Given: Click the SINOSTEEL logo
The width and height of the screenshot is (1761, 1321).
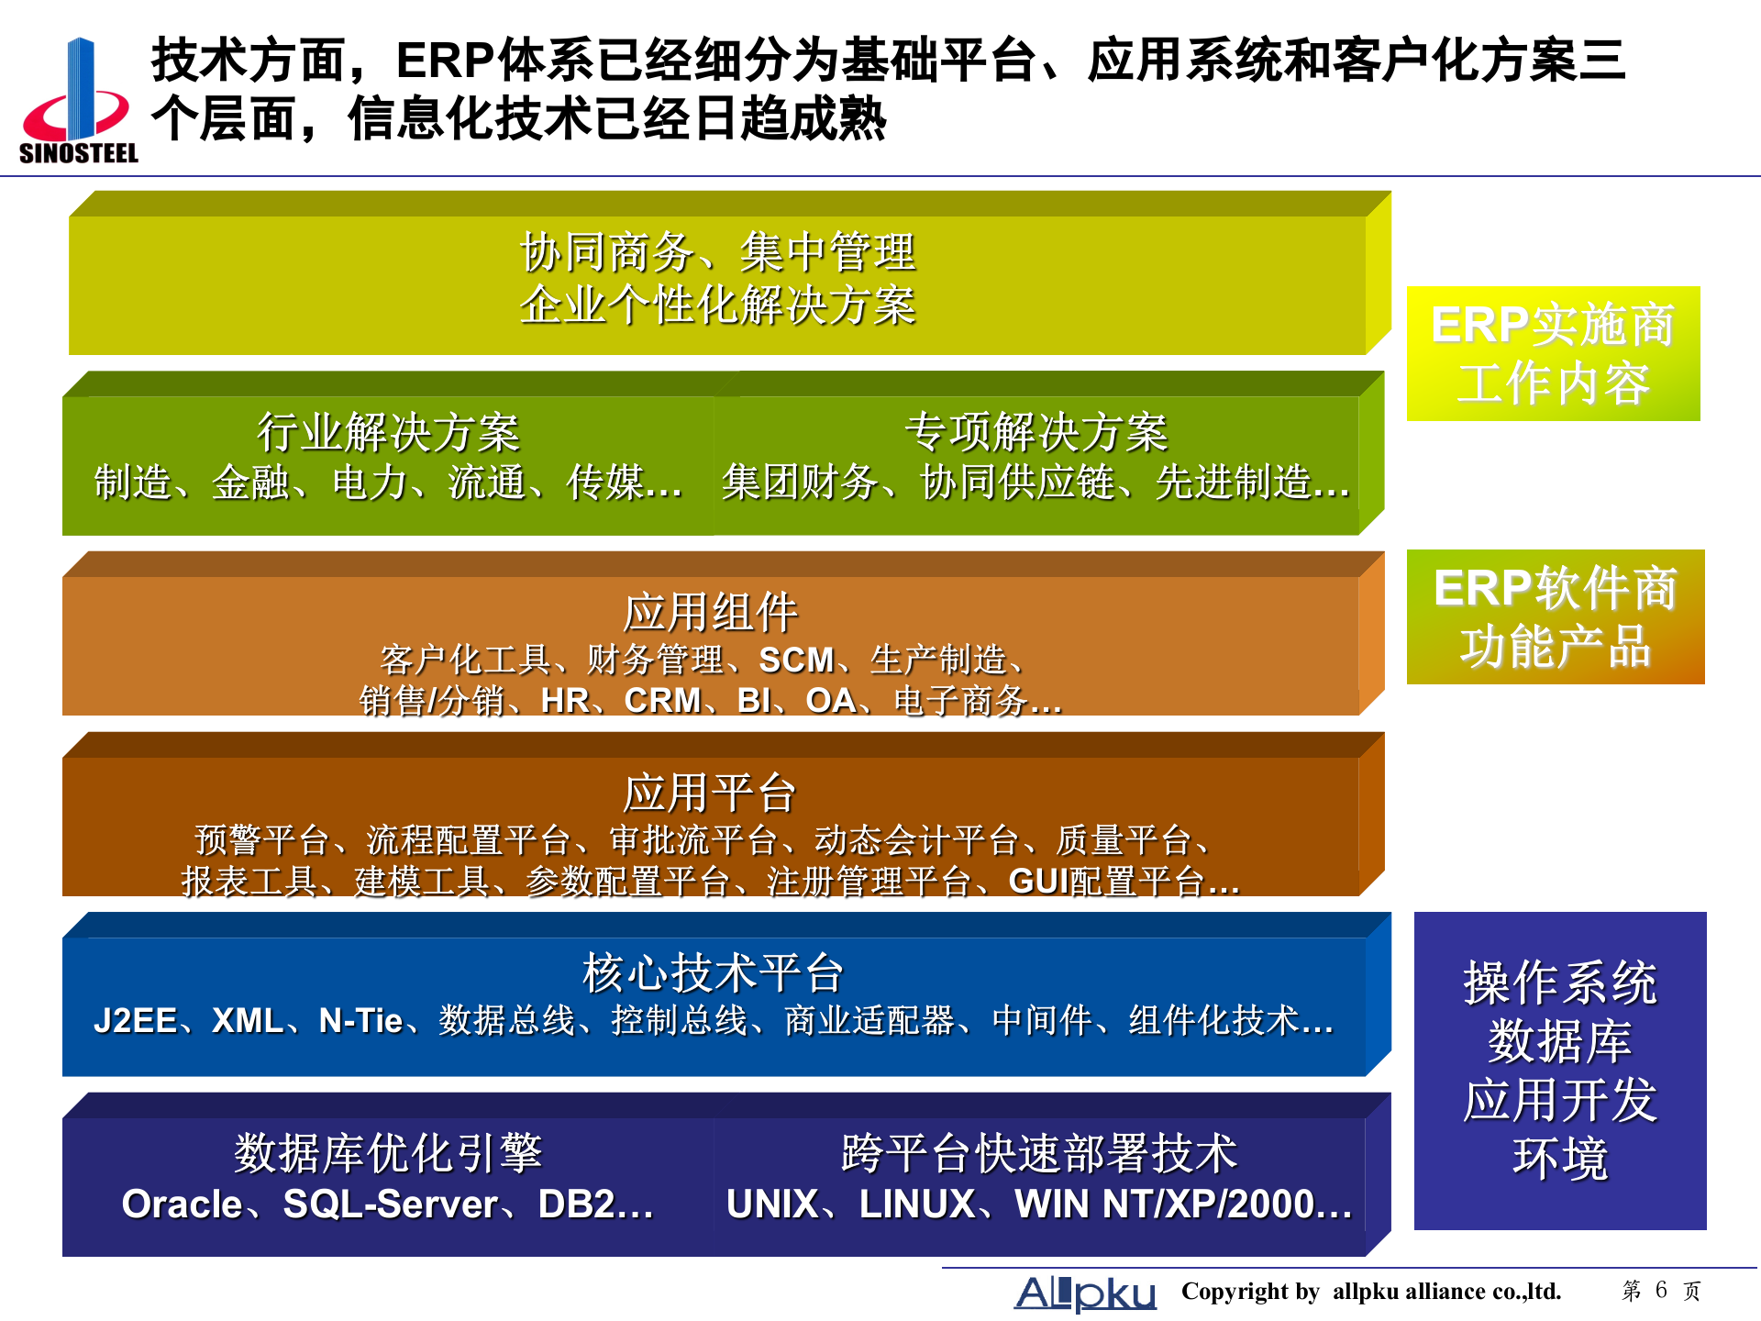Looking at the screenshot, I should [x=78, y=101].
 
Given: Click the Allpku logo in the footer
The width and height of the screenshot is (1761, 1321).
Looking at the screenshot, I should [x=1085, y=1293].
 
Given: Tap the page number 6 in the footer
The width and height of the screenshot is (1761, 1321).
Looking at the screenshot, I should [x=1661, y=1290].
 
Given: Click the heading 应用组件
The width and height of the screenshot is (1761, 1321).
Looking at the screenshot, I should [x=710, y=612].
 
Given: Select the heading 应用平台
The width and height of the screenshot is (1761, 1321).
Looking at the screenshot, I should [x=710, y=793].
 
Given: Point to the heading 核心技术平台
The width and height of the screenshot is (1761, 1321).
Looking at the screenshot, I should [x=713, y=972].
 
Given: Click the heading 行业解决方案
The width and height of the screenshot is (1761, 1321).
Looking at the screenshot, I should [x=388, y=432].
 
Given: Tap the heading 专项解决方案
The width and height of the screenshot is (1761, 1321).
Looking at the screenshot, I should [x=1036, y=432].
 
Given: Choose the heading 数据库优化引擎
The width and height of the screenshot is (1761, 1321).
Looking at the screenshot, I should [x=388, y=1153].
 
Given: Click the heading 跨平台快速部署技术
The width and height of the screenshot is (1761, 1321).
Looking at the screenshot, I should [x=1039, y=1153].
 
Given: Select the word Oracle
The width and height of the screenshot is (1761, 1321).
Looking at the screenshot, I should [x=182, y=1204].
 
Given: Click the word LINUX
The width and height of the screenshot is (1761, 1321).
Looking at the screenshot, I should [x=917, y=1204].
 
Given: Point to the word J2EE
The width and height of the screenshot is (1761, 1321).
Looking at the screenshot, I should [x=135, y=1021].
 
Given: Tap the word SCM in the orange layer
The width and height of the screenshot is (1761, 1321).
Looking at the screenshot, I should [x=796, y=660].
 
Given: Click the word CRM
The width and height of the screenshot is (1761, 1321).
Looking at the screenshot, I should [x=662, y=701].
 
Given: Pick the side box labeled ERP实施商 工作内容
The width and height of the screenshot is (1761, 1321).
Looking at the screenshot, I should [x=1553, y=353].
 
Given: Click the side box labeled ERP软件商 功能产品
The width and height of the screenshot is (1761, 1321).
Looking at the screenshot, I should [x=1555, y=616].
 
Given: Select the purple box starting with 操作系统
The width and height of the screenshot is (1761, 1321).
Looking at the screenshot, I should [x=1559, y=1071].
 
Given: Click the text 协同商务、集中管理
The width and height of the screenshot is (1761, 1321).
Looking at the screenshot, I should [x=717, y=252].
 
